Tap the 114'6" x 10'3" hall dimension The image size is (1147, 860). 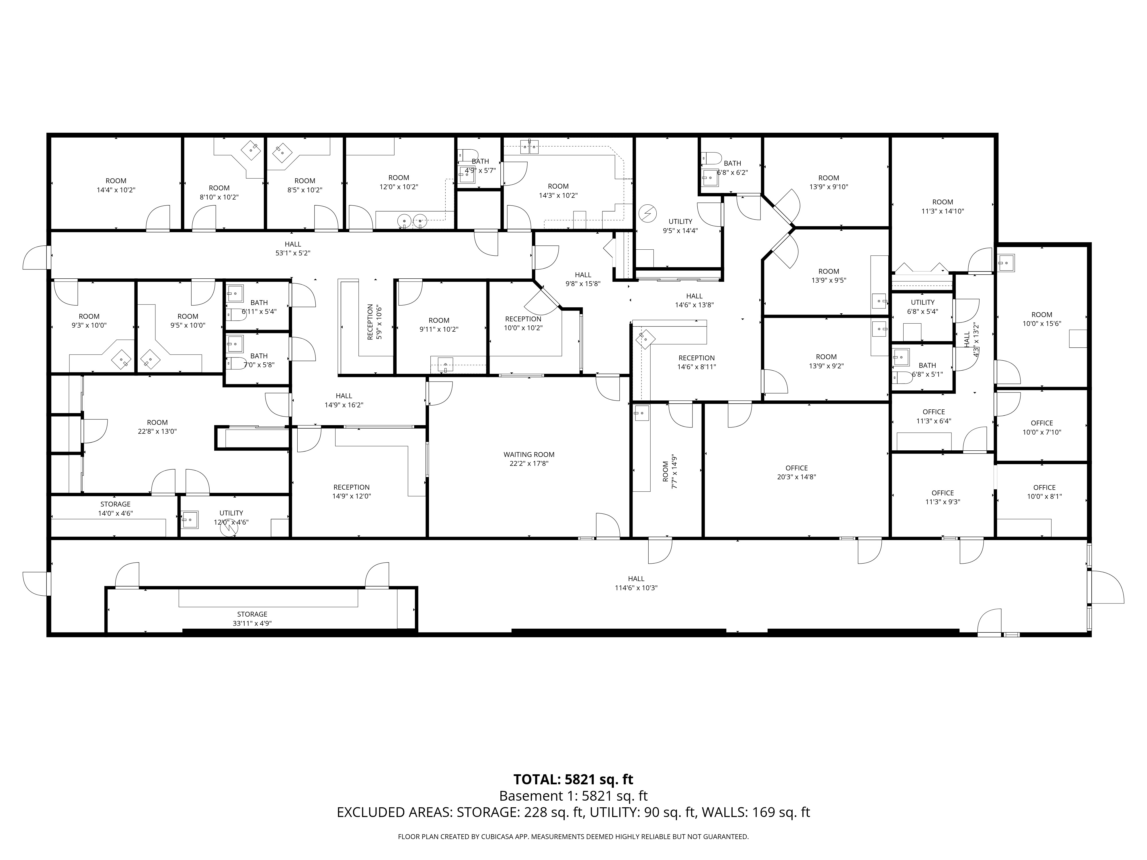[636, 588]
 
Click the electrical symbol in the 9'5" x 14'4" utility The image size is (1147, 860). [648, 213]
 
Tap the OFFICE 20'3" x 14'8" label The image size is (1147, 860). [797, 472]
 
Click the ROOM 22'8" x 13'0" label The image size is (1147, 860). [157, 427]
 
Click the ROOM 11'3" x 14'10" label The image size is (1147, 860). [943, 206]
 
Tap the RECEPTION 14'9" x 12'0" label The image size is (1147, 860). [352, 491]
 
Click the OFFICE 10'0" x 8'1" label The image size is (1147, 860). [1044, 491]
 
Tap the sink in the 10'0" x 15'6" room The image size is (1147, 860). [1006, 263]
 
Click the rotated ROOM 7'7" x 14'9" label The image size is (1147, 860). [670, 472]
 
